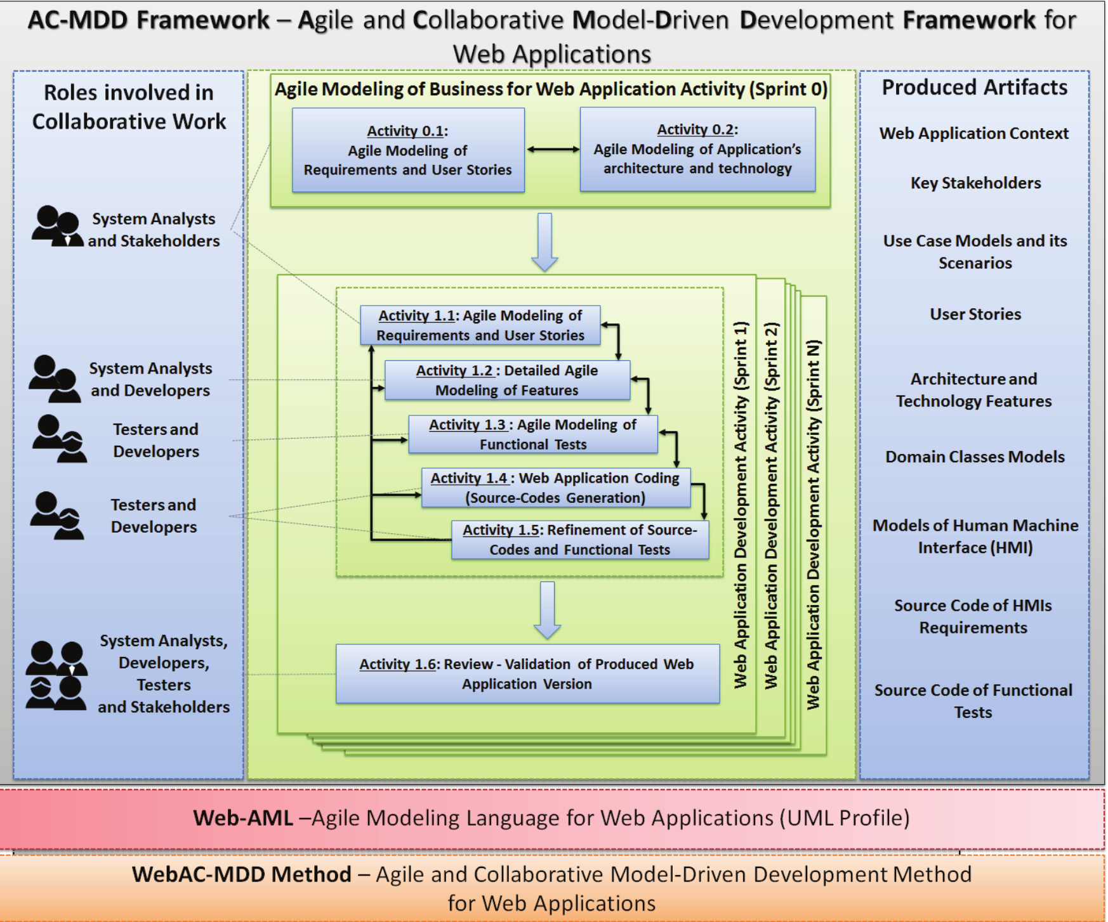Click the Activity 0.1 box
(x=408, y=150)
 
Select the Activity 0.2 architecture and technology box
(x=697, y=150)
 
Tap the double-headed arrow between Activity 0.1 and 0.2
(x=552, y=150)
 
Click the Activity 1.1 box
(x=480, y=325)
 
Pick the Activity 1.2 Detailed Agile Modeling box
(x=506, y=380)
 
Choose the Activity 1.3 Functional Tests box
(x=532, y=434)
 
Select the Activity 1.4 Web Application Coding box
(x=555, y=488)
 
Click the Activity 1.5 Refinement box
(x=579, y=540)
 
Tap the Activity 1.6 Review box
(x=527, y=673)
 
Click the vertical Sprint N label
(x=814, y=525)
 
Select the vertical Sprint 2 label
(x=771, y=506)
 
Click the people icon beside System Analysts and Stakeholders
(x=57, y=227)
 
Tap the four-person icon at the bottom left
(x=56, y=675)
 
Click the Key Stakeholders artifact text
(x=975, y=183)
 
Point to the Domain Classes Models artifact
(x=975, y=457)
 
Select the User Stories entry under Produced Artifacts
(x=975, y=315)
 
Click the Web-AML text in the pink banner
(x=243, y=818)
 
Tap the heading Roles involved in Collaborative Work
(x=129, y=107)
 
